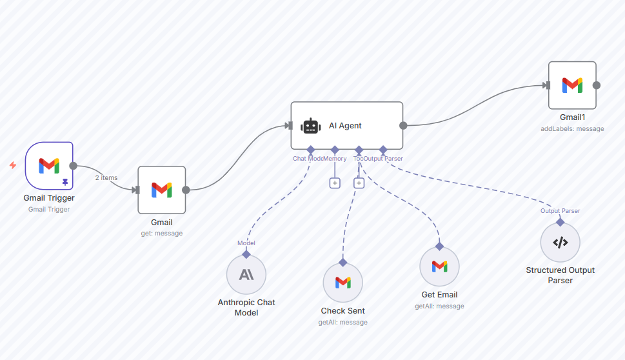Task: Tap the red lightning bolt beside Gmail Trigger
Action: pyautogui.click(x=13, y=165)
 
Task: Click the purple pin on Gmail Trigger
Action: pyautogui.click(x=64, y=183)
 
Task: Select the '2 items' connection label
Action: pyautogui.click(x=106, y=177)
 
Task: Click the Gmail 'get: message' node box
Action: pyautogui.click(x=161, y=190)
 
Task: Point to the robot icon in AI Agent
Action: pyautogui.click(x=311, y=126)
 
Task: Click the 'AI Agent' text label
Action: pyautogui.click(x=345, y=126)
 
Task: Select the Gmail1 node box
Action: pyautogui.click(x=572, y=85)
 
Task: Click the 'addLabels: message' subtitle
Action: pyautogui.click(x=572, y=128)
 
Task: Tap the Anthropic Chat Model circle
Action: pyautogui.click(x=246, y=275)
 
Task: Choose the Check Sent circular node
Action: pyautogui.click(x=342, y=283)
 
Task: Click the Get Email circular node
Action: pyautogui.click(x=439, y=266)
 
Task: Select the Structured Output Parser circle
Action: pyautogui.click(x=560, y=243)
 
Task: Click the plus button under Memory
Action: pyautogui.click(x=335, y=183)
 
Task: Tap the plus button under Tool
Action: pyautogui.click(x=359, y=183)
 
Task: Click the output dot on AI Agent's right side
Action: pyautogui.click(x=403, y=126)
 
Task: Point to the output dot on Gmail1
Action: pyautogui.click(x=597, y=85)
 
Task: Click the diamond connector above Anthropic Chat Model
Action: pyautogui.click(x=246, y=254)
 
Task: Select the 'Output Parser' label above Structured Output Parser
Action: pyautogui.click(x=560, y=211)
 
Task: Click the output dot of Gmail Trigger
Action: pyautogui.click(x=73, y=166)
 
